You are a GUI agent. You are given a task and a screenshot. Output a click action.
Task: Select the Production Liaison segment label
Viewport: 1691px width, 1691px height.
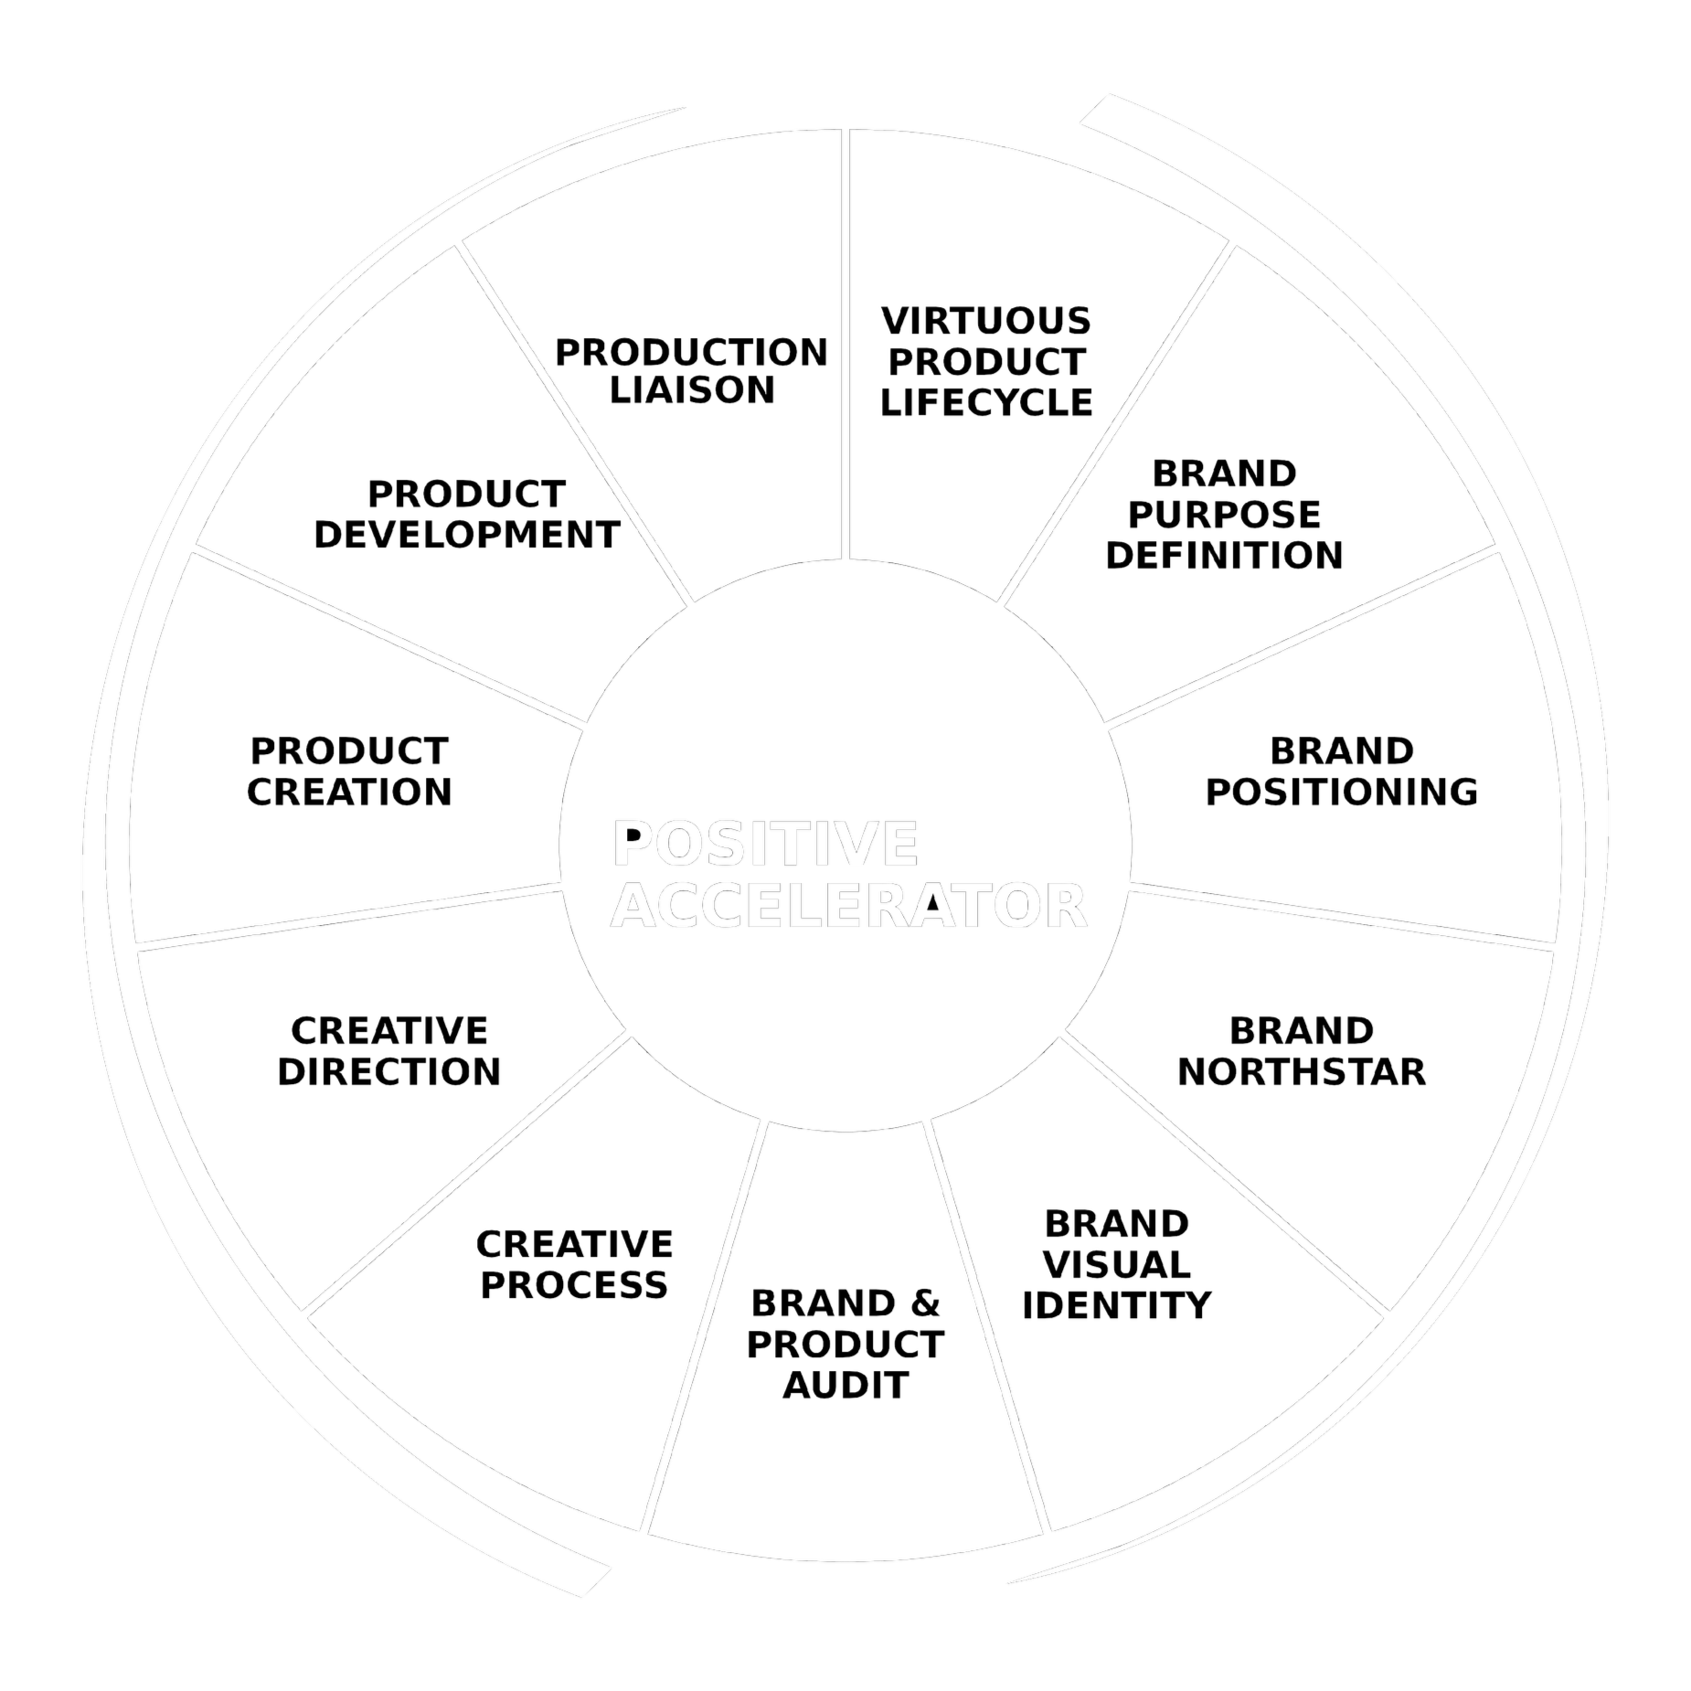692,371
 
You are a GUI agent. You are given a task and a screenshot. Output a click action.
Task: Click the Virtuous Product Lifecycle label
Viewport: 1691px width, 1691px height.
986,362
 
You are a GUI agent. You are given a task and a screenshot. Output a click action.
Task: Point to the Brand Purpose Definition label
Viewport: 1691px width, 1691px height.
1224,515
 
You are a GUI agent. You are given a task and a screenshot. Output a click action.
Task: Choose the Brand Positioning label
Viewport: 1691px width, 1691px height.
1341,771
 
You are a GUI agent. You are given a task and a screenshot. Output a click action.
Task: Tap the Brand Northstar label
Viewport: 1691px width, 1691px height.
1301,1051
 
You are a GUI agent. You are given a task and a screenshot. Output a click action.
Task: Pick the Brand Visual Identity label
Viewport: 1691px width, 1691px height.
1116,1265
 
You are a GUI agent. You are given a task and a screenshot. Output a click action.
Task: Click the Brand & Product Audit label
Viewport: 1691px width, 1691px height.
845,1345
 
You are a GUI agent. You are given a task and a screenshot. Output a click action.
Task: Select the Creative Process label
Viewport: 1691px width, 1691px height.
574,1265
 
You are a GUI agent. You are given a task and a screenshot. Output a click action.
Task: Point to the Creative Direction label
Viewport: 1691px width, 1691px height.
389,1051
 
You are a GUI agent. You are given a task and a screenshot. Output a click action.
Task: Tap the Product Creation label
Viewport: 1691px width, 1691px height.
349,771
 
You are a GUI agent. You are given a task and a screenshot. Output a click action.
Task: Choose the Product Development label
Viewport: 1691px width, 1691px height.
466,515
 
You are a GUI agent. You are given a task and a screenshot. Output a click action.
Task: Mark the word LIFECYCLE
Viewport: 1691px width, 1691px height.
986,402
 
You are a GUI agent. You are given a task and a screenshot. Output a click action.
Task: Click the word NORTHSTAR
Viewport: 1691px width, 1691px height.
1301,1071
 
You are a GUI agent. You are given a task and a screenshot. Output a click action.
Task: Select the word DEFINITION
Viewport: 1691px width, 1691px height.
1224,555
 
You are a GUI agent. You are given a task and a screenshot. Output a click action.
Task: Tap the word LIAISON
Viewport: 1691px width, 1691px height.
692,391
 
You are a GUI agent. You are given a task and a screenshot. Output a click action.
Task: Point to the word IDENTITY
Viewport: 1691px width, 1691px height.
1116,1305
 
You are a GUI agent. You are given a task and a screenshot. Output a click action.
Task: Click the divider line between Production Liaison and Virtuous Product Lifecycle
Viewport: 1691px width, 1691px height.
845,347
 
